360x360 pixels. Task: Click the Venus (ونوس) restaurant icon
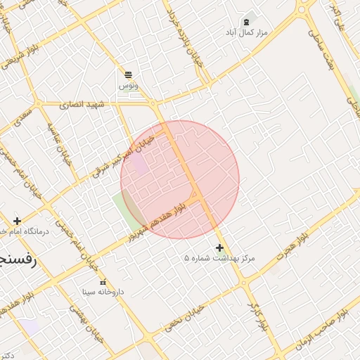(x=128, y=75)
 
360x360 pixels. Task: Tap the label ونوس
(x=128, y=85)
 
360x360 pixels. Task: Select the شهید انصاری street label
(x=82, y=104)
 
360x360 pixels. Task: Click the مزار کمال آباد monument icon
(x=245, y=22)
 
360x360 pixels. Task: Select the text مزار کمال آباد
(x=247, y=33)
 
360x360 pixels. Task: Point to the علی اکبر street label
(x=338, y=15)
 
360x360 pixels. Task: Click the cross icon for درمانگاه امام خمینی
(x=18, y=221)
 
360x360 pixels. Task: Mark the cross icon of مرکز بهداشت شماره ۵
(x=220, y=247)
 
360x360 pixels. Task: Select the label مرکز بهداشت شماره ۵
(x=219, y=259)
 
